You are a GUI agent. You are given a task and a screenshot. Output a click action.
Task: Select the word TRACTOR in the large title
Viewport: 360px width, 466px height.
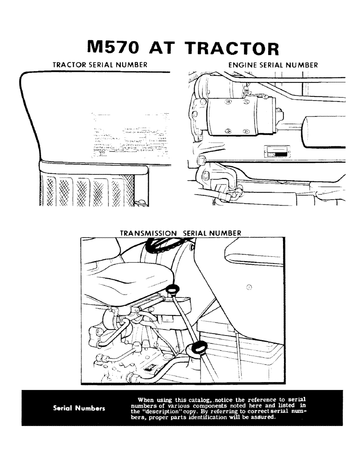tap(232, 48)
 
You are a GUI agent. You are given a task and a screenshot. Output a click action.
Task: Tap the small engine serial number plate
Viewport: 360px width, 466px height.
tap(278, 152)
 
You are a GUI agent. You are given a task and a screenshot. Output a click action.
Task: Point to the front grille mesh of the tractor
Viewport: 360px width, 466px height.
tap(89, 191)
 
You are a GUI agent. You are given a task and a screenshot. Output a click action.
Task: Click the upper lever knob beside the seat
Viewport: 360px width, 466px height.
tap(174, 290)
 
